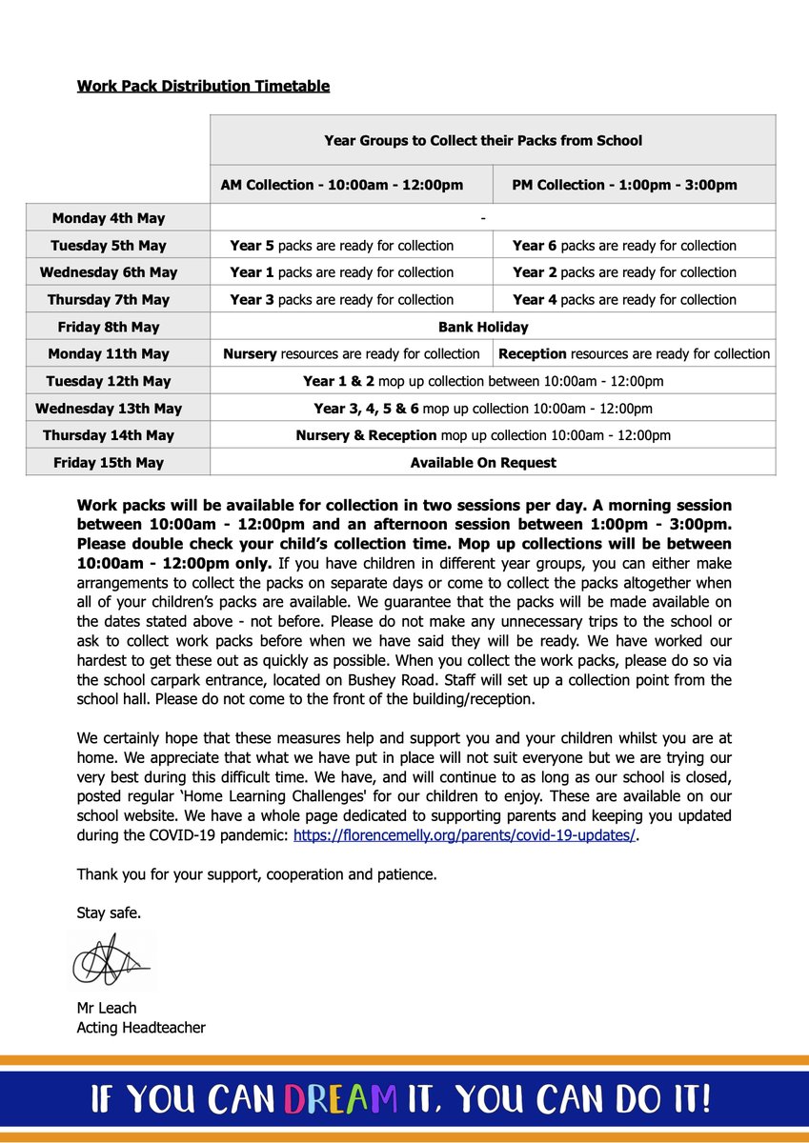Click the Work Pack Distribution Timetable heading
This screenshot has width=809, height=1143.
pos(203,86)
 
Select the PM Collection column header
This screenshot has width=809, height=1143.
pos(624,185)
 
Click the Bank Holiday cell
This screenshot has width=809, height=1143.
pos(483,327)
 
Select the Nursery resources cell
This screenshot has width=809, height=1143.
pos(351,353)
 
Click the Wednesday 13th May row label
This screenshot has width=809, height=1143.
pos(109,409)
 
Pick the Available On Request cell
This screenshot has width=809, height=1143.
pos(483,463)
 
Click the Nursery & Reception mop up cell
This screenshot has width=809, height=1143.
pos(483,435)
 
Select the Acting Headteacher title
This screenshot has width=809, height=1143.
pos(141,1027)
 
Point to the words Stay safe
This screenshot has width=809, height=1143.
pos(109,912)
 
